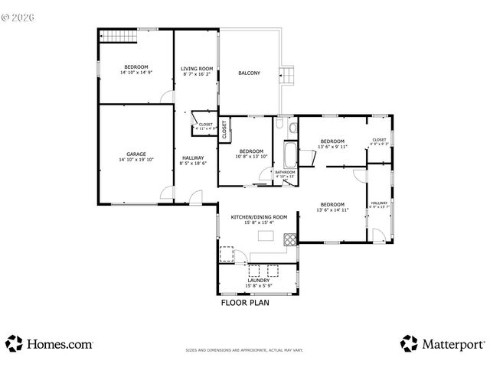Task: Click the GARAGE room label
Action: click(136, 154)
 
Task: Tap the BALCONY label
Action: click(249, 73)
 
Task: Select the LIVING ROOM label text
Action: click(196, 69)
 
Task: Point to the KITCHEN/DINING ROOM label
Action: click(259, 217)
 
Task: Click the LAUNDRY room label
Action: click(258, 281)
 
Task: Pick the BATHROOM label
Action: click(286, 172)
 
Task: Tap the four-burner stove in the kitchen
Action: click(290, 239)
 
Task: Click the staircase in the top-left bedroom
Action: click(114, 36)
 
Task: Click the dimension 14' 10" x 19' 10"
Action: click(136, 160)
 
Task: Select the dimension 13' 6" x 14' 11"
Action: click(332, 209)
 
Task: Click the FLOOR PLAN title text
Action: click(244, 302)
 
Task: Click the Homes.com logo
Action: click(50, 344)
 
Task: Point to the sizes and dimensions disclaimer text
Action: click(244, 350)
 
